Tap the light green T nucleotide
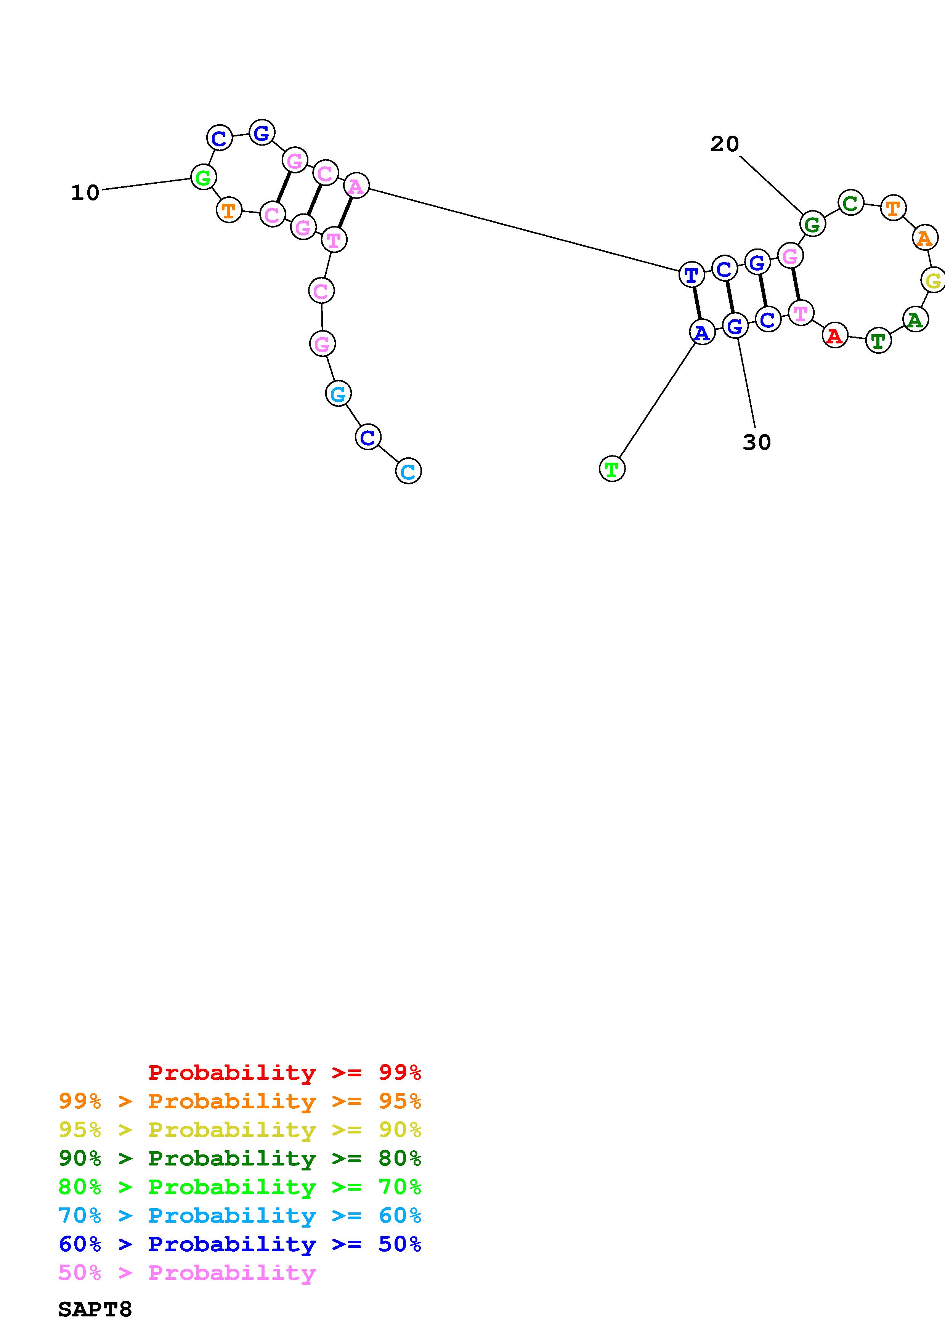click(611, 469)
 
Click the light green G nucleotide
click(203, 176)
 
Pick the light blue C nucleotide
click(408, 471)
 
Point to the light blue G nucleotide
click(338, 394)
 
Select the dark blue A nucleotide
click(702, 332)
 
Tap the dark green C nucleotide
click(851, 203)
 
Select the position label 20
click(724, 144)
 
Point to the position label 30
click(756, 442)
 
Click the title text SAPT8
click(95, 1310)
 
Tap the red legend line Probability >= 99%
click(285, 1072)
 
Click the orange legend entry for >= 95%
click(240, 1101)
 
